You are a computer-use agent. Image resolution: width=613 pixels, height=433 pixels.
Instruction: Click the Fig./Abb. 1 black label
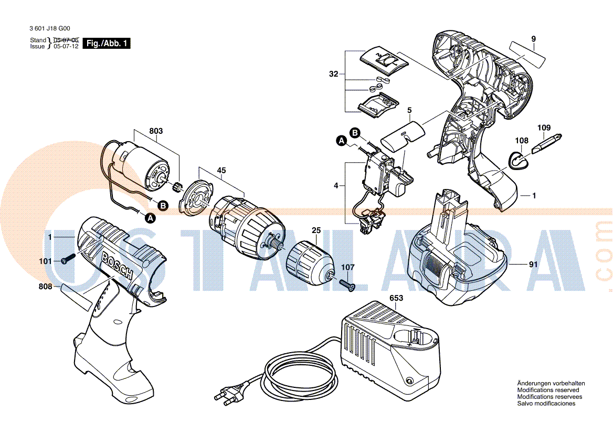click(x=107, y=44)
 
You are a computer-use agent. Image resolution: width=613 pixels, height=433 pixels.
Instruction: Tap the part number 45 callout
click(x=221, y=170)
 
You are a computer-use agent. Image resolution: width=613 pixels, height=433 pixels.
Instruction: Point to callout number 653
click(x=397, y=298)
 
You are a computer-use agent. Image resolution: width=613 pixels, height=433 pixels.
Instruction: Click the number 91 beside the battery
click(x=533, y=265)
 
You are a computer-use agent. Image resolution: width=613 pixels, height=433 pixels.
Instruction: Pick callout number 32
click(x=334, y=75)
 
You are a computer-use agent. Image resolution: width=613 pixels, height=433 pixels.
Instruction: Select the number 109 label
click(x=544, y=128)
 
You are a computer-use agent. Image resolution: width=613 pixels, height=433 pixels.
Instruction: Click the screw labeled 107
click(x=347, y=284)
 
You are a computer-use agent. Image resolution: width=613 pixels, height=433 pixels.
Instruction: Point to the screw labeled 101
click(x=68, y=260)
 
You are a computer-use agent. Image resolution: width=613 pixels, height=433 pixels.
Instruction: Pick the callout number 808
click(x=45, y=287)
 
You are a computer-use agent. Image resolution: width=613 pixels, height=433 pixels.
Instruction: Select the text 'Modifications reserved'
click(x=548, y=390)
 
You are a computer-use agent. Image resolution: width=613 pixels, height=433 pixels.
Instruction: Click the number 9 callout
click(x=533, y=38)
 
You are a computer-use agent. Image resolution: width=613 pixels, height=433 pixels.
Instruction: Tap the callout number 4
click(x=336, y=185)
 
